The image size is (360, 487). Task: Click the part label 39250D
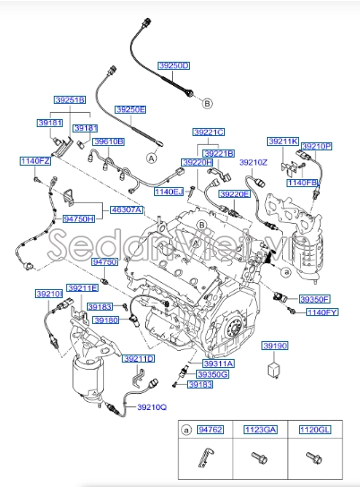click(x=174, y=66)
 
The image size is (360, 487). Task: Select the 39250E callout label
click(x=129, y=108)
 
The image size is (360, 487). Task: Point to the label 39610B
click(x=109, y=141)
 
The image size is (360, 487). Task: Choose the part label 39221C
click(x=209, y=132)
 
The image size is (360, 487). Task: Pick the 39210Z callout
click(x=254, y=162)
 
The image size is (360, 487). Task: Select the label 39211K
click(x=283, y=141)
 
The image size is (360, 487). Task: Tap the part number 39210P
click(x=316, y=145)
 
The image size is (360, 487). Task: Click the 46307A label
click(x=127, y=210)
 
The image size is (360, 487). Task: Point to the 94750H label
click(x=78, y=218)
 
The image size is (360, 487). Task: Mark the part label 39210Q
click(x=151, y=407)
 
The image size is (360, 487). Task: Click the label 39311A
click(x=217, y=363)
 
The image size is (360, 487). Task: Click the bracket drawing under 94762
click(x=205, y=457)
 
